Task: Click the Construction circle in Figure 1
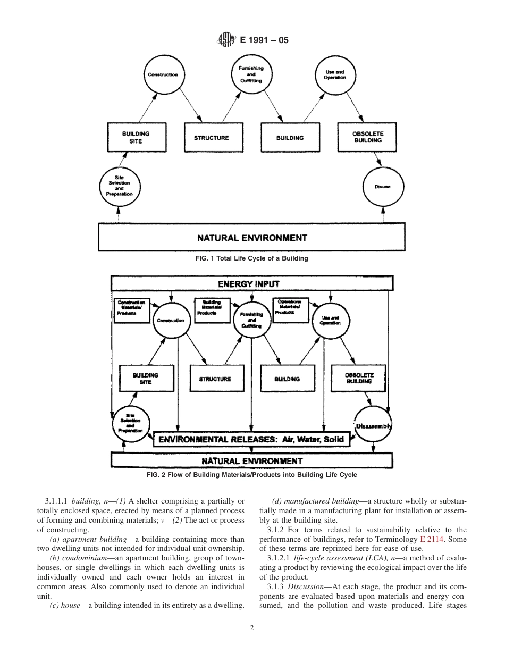click(x=163, y=75)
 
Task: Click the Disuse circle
click(x=382, y=187)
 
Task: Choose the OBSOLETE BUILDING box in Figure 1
click(x=367, y=137)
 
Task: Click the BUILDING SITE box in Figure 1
click(x=136, y=138)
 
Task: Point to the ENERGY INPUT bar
click(x=251, y=283)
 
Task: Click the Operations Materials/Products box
click(x=290, y=309)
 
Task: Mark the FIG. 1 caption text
click(x=252, y=258)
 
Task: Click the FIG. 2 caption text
click(x=252, y=474)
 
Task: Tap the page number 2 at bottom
click(x=252, y=627)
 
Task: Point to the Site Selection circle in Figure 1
click(x=119, y=186)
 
